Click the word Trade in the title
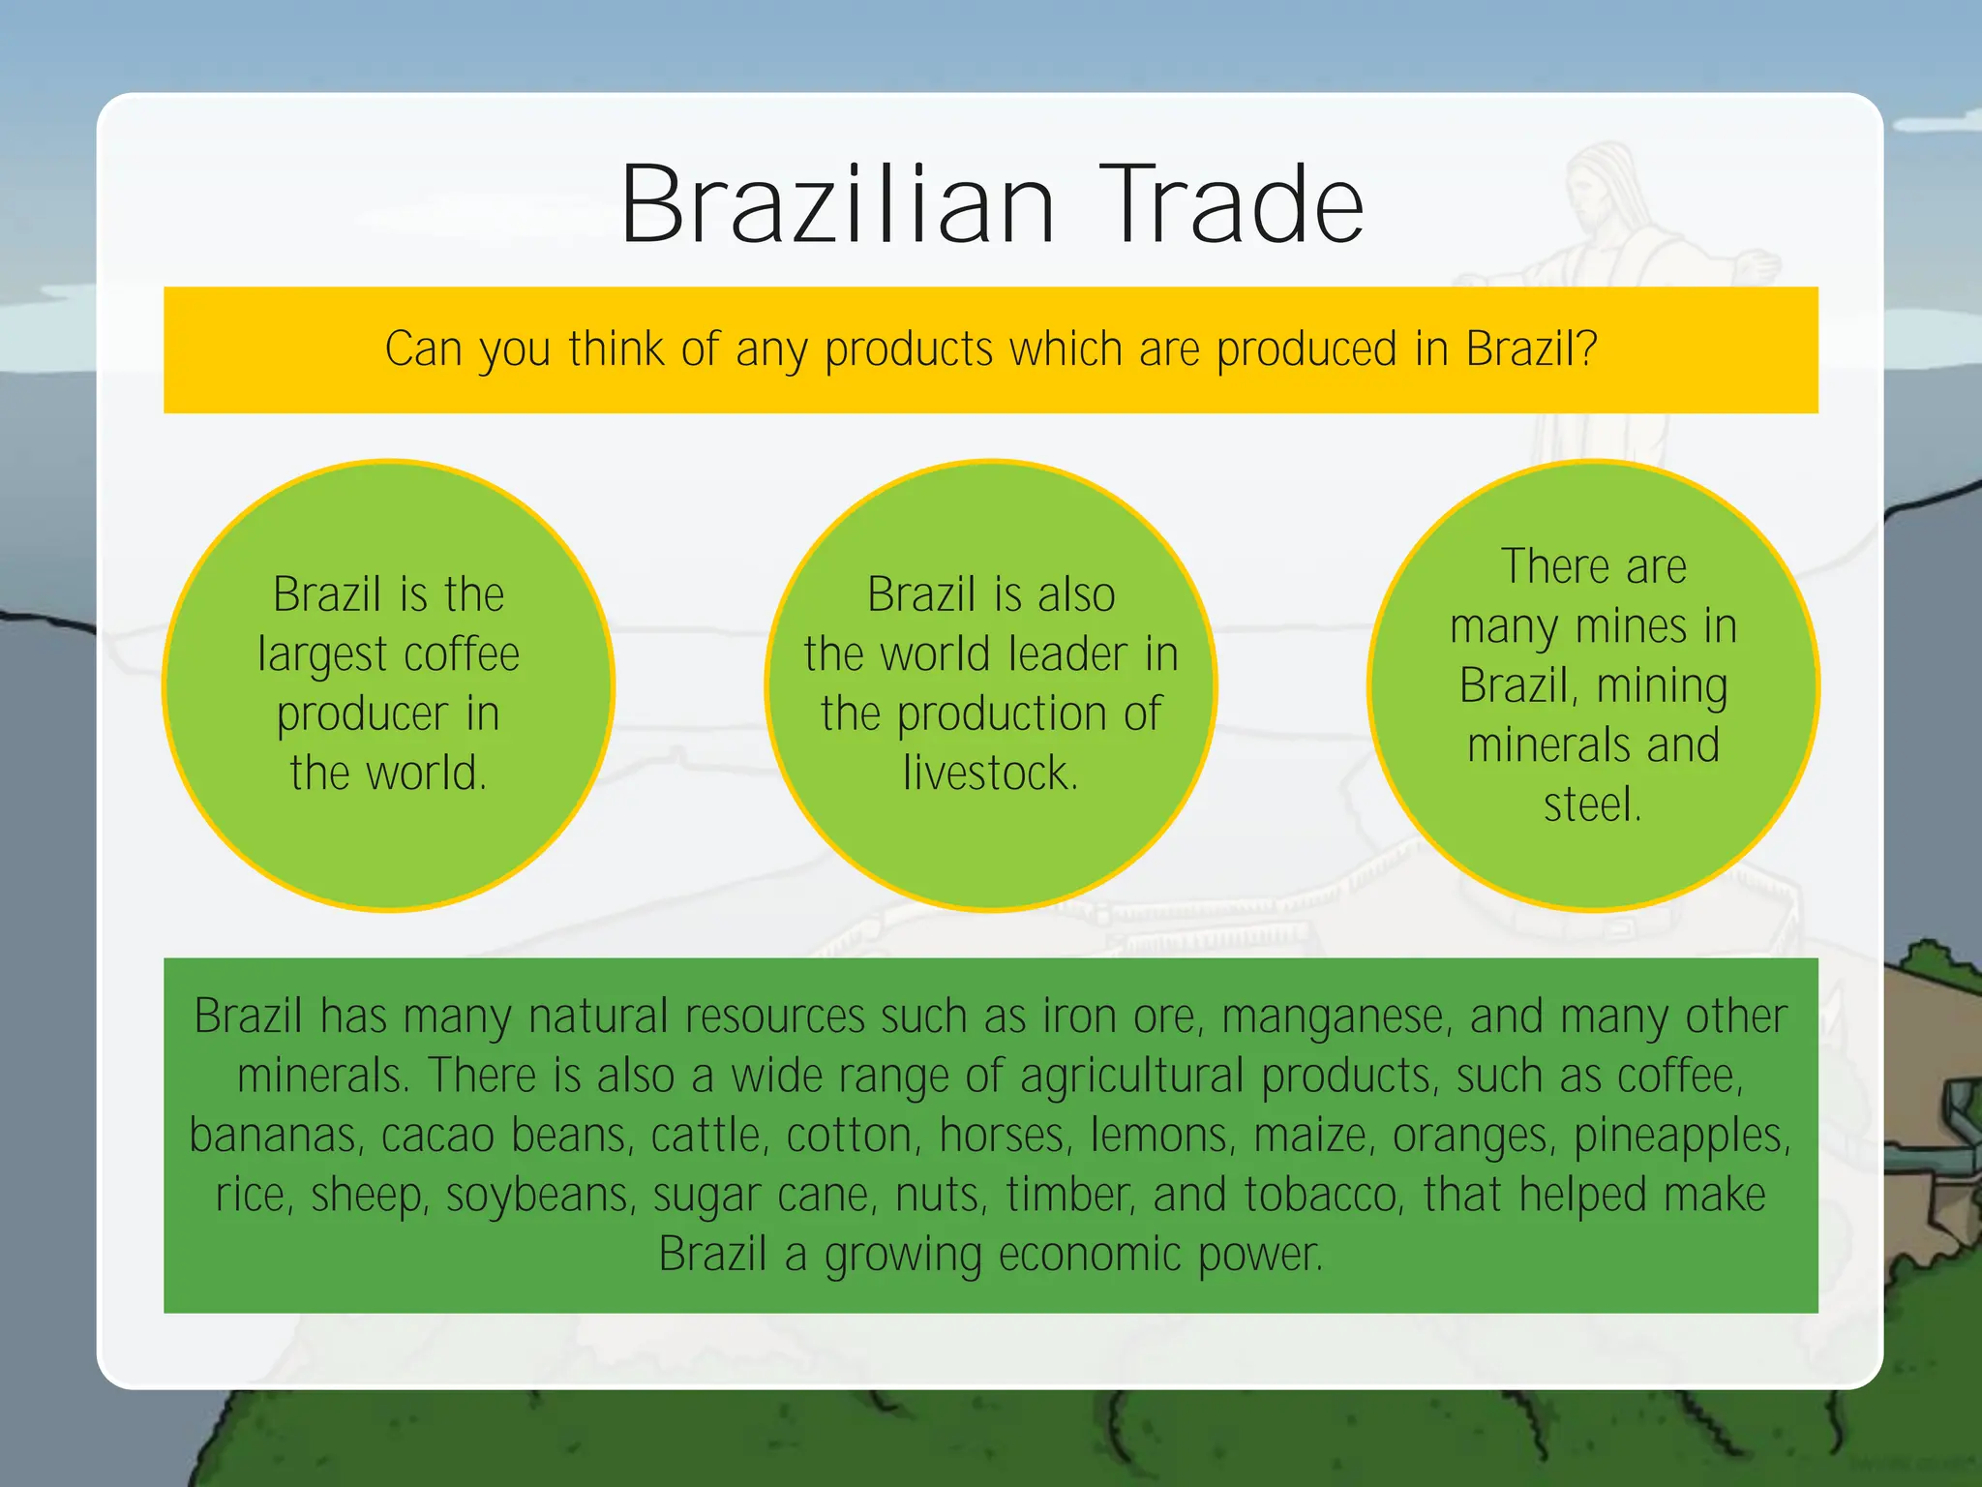tap(1230, 205)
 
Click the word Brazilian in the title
tap(837, 205)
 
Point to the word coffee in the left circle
tap(462, 654)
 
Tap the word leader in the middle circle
tap(1067, 654)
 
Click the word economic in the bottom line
tap(1090, 1256)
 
